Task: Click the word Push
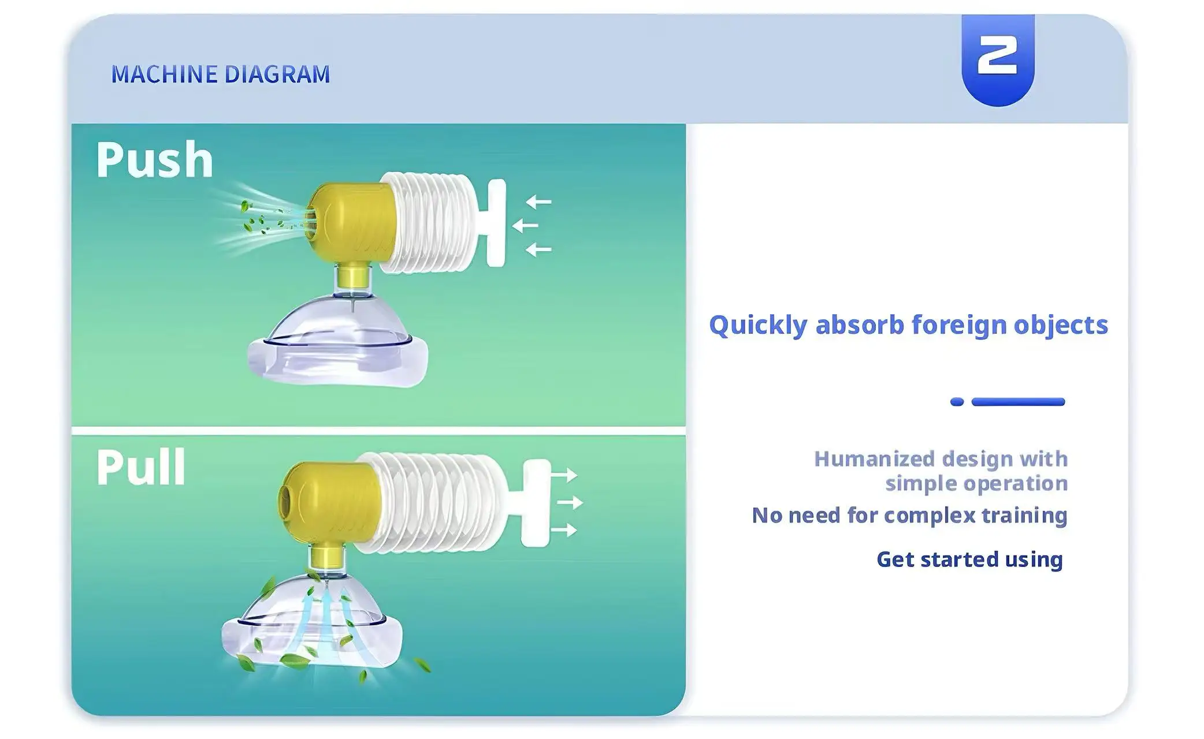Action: click(x=155, y=160)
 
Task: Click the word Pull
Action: click(x=141, y=467)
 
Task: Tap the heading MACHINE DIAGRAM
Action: click(x=221, y=74)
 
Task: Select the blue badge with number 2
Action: click(x=998, y=59)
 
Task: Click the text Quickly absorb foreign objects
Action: click(x=908, y=325)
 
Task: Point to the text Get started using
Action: click(x=969, y=559)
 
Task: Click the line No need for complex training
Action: click(x=909, y=515)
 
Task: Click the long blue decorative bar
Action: click(x=1018, y=402)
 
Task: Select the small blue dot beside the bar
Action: click(x=957, y=402)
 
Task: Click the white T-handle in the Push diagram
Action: click(x=496, y=223)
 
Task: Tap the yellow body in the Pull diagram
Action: click(x=329, y=502)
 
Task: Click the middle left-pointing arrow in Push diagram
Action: click(x=525, y=225)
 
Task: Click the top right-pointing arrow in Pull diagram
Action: click(x=564, y=475)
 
